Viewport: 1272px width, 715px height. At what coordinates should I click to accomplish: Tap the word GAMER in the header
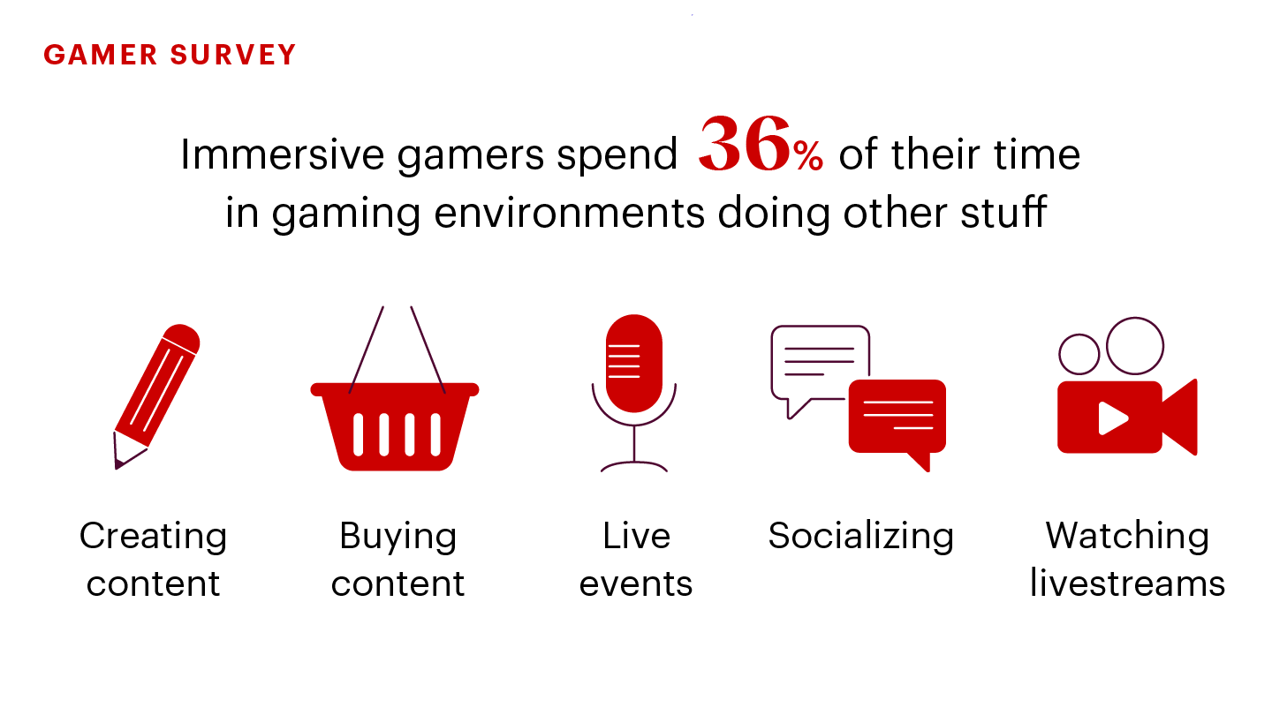(x=101, y=55)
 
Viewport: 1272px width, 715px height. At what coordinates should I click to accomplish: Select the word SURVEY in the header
(x=233, y=55)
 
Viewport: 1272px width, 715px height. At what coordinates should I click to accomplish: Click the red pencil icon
(x=156, y=396)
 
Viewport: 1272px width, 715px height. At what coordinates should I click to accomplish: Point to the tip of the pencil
(x=117, y=468)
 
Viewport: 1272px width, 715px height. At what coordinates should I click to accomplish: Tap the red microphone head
(x=633, y=363)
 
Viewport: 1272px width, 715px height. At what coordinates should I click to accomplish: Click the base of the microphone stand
(x=633, y=466)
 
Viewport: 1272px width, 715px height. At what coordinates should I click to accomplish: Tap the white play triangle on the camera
(x=1112, y=418)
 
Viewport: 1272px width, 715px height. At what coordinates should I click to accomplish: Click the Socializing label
(x=861, y=537)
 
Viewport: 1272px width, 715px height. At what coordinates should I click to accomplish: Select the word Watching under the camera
(x=1128, y=537)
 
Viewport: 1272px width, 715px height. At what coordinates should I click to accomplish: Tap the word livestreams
(x=1128, y=583)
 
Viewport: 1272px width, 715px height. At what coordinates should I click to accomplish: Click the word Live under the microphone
(x=636, y=536)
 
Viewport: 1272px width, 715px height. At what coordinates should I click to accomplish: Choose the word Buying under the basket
(x=398, y=537)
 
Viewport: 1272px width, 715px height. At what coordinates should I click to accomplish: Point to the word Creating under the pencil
(x=154, y=537)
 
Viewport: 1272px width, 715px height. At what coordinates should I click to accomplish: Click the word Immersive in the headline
(x=283, y=154)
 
